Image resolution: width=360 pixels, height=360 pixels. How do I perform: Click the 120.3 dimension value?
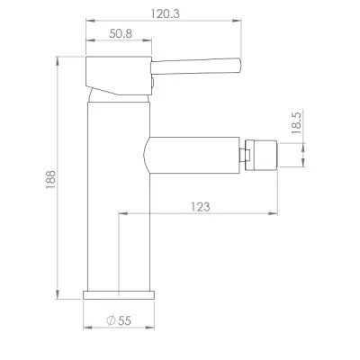point(165,13)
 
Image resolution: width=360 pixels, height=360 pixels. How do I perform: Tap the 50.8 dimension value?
point(121,33)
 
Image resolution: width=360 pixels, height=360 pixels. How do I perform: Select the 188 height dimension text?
point(50,179)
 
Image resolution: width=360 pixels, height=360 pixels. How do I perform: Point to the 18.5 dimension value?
point(296,123)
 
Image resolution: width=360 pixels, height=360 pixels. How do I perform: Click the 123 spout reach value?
point(201,207)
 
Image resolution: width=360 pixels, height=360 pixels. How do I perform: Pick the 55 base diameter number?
point(124,320)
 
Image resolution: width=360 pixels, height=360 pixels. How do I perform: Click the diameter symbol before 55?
point(111,320)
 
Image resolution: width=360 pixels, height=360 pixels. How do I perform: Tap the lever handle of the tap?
point(195,66)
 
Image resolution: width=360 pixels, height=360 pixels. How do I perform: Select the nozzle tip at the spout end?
point(261,155)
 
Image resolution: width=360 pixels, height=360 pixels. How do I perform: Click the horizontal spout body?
point(192,155)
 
